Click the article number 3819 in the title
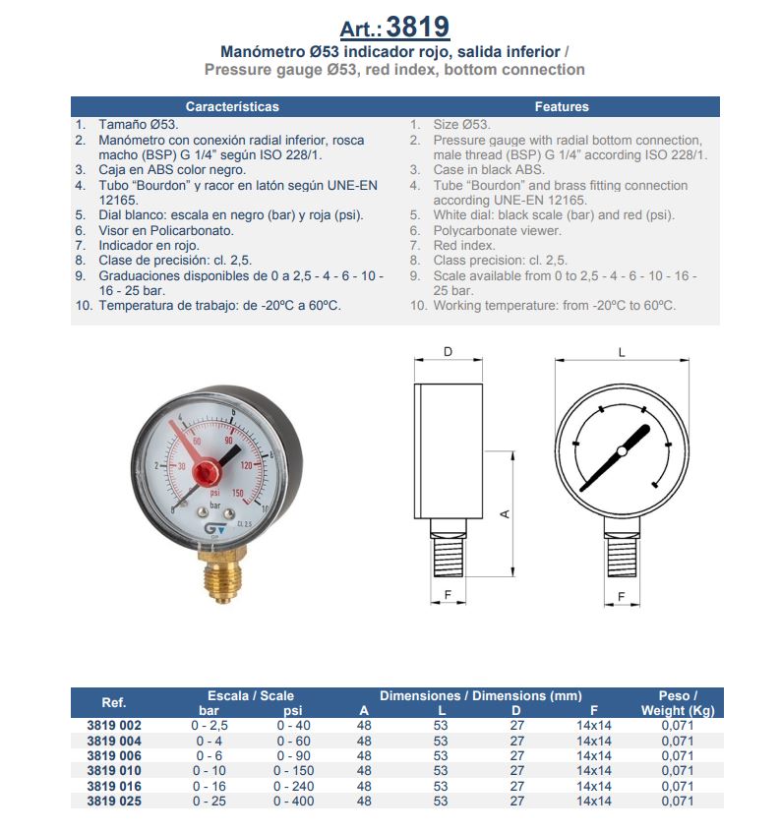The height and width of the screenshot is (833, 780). [x=418, y=27]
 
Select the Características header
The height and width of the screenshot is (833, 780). [x=232, y=106]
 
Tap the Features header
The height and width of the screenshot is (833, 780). [x=562, y=106]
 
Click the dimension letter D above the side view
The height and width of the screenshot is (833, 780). [x=448, y=352]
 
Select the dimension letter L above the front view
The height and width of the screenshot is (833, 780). [x=621, y=352]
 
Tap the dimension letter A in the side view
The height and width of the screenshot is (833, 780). [x=506, y=513]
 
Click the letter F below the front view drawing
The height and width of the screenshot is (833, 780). [x=621, y=597]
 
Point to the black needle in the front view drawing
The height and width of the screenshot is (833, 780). [x=615, y=457]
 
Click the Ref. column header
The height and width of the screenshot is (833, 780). [x=114, y=703]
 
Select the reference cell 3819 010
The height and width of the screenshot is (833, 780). [x=114, y=771]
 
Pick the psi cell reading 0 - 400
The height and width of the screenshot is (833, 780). [x=293, y=802]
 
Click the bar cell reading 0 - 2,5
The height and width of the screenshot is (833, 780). [x=209, y=726]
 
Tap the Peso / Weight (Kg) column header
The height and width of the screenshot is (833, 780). [x=677, y=703]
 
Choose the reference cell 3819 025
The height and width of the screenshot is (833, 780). [x=114, y=802]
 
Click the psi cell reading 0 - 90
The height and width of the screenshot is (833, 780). [x=293, y=756]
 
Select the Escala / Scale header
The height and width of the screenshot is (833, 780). [x=251, y=695]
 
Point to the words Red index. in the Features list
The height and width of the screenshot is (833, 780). [x=464, y=246]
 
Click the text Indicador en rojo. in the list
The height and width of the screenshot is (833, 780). [x=149, y=246]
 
